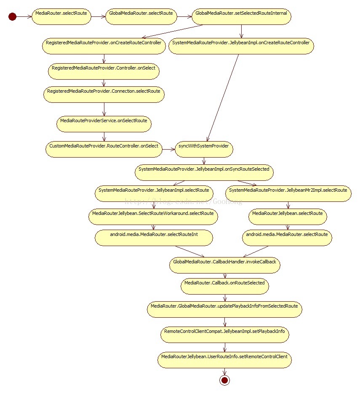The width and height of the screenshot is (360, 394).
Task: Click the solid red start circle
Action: click(12, 16)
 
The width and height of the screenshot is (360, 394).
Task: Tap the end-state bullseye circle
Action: click(224, 380)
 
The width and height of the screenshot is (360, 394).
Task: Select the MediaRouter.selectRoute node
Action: click(61, 16)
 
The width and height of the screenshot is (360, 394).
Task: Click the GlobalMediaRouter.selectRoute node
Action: click(141, 16)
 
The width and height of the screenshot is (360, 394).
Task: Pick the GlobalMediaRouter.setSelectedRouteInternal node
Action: click(241, 16)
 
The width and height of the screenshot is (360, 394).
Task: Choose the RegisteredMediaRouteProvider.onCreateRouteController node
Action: click(104, 46)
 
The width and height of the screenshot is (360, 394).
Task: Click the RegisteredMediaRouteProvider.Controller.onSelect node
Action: click(104, 71)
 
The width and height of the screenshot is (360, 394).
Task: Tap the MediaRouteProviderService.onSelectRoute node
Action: click(104, 124)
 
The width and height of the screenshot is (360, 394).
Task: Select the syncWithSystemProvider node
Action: click(204, 149)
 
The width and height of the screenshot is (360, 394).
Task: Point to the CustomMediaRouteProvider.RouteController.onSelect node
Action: click(104, 149)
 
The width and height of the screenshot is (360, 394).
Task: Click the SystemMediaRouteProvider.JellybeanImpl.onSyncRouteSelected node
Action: click(204, 172)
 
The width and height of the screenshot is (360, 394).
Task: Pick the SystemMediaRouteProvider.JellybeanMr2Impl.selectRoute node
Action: click(288, 193)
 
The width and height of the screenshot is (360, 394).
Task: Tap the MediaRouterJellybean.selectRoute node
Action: click(288, 217)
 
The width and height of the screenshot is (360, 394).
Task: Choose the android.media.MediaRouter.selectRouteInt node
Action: click(154, 238)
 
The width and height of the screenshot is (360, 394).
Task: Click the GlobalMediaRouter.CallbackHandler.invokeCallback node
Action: click(225, 265)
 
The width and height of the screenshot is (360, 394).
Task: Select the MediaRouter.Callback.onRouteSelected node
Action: click(225, 286)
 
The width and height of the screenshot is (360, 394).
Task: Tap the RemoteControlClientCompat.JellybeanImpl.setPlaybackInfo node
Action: click(225, 335)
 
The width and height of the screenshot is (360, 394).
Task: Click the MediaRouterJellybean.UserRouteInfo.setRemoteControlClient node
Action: click(224, 360)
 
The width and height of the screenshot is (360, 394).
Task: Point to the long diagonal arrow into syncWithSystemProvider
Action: click(223, 98)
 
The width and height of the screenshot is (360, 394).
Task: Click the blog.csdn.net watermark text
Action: click(184, 201)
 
